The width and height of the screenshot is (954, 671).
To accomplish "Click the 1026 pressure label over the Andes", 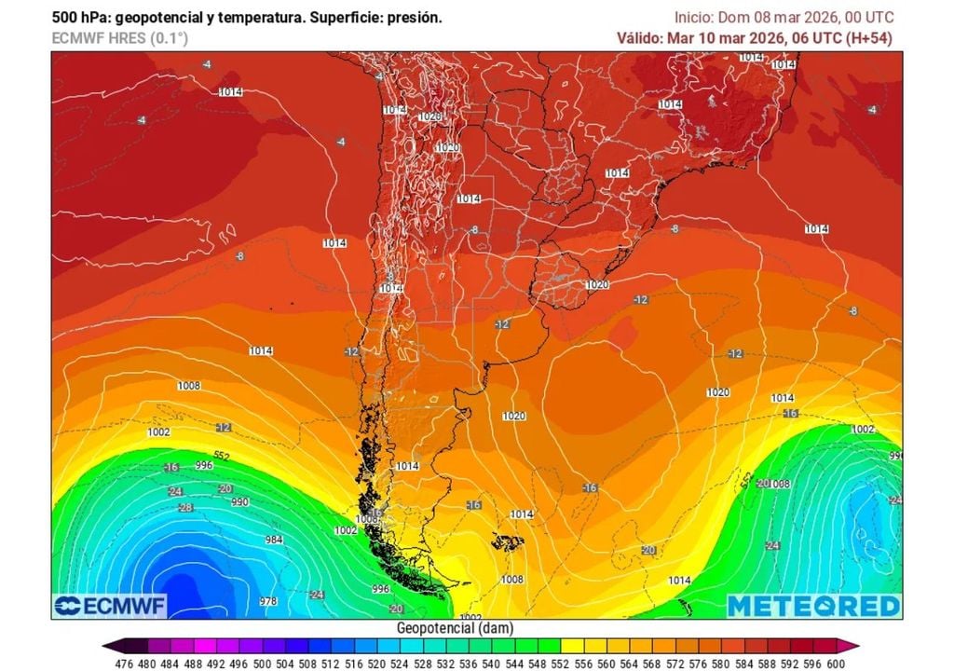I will tap(429, 116).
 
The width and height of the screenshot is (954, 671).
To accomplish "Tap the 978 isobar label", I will tap(268, 601).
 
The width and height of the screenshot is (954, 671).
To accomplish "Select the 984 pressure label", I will tap(274, 540).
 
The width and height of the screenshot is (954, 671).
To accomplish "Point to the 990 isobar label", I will tap(240, 501).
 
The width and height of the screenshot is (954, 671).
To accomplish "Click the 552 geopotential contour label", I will tap(222, 456).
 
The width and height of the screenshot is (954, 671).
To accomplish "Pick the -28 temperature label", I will tap(185, 507).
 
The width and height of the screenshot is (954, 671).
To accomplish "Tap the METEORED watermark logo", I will tap(812, 606).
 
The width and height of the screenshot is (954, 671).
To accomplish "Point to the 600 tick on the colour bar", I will tap(837, 663).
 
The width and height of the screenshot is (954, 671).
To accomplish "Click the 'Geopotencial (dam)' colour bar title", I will tap(454, 628).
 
